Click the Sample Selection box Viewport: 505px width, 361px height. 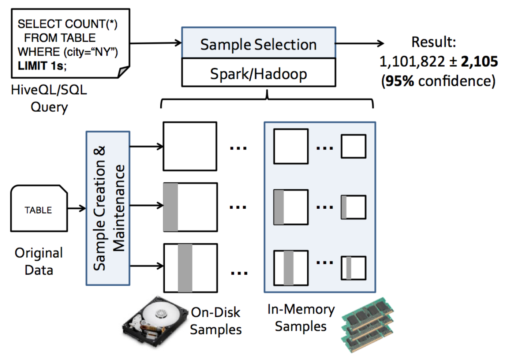coord(258,44)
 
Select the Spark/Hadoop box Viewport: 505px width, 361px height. coord(258,73)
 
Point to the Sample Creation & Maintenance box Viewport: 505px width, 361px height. coord(108,208)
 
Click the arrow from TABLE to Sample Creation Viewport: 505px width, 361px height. coord(76,209)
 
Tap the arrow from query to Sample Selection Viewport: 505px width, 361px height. coord(156,43)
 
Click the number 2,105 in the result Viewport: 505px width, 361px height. coord(479,62)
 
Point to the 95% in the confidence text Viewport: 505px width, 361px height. coord(400,81)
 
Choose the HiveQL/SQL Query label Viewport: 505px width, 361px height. coord(49,98)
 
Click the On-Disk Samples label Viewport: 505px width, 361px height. coord(216,321)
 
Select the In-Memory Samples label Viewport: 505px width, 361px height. coord(301,317)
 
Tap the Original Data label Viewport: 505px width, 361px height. coord(39,261)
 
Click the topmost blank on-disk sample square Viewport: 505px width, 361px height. coord(190,146)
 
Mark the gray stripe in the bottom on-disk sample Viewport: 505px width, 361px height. coord(185,268)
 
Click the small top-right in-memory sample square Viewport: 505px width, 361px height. coord(353,146)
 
